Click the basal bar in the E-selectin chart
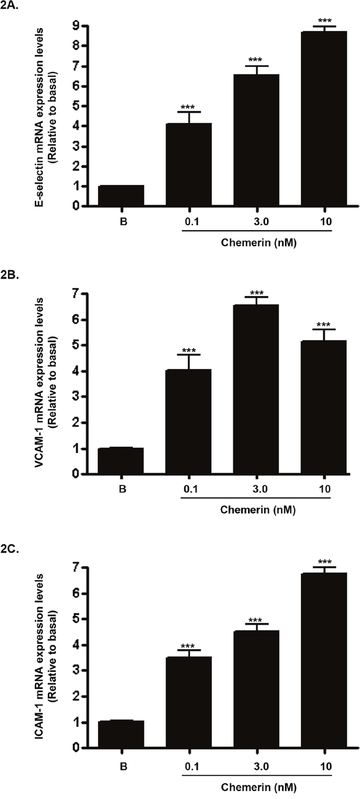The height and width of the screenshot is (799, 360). [x=121, y=195]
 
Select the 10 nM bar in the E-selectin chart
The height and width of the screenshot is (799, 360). [x=324, y=118]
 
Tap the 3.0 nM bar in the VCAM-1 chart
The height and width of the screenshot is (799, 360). [x=256, y=389]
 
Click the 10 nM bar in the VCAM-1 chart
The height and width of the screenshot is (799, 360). [x=323, y=407]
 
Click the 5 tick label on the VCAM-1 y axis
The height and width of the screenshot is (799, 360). [x=75, y=346]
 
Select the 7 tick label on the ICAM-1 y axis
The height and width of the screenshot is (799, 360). [x=75, y=567]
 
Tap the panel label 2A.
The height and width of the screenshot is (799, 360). [x=9, y=6]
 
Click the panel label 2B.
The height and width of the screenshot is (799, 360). [x=9, y=275]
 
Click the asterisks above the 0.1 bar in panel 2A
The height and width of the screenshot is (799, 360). [x=187, y=107]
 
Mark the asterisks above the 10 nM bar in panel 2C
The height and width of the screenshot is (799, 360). [x=325, y=562]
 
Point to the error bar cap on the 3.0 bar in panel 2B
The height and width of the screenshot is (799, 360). [x=256, y=297]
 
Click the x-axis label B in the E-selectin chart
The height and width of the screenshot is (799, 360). [x=124, y=221]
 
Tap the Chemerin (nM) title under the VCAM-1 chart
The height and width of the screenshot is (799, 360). [x=258, y=510]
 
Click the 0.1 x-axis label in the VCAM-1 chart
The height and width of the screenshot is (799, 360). [x=191, y=489]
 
